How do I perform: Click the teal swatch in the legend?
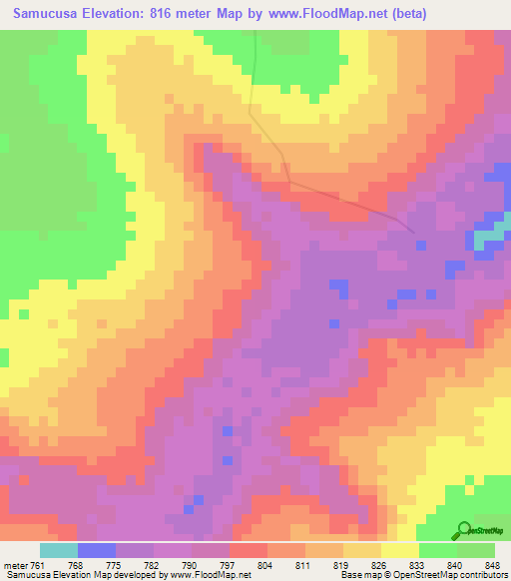pos(59,551)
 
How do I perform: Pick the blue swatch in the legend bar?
pos(97,551)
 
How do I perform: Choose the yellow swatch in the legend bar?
pos(401,551)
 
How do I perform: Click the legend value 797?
pos(227,566)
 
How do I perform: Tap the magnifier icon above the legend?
pos(464,530)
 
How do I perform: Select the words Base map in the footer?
pos(358,575)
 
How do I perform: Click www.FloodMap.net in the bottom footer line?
pos(206,575)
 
